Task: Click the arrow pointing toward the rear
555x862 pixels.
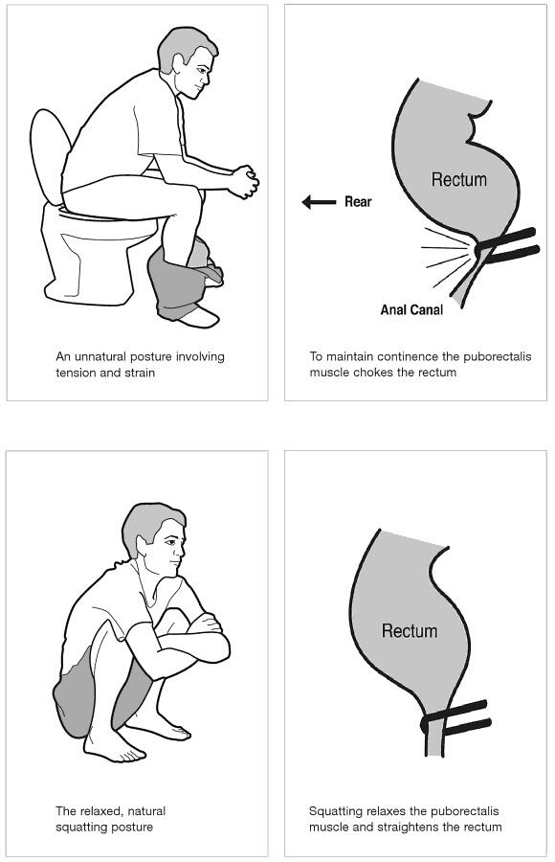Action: pos(319,202)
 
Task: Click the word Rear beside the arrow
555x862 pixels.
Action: pos(358,202)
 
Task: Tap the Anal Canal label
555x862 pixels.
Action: pos(411,310)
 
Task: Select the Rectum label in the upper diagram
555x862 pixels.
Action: pos(459,179)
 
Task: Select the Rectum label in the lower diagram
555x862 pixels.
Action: pos(410,630)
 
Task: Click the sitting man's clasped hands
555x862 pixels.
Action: pos(243,181)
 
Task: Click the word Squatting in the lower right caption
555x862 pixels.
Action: pos(333,811)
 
